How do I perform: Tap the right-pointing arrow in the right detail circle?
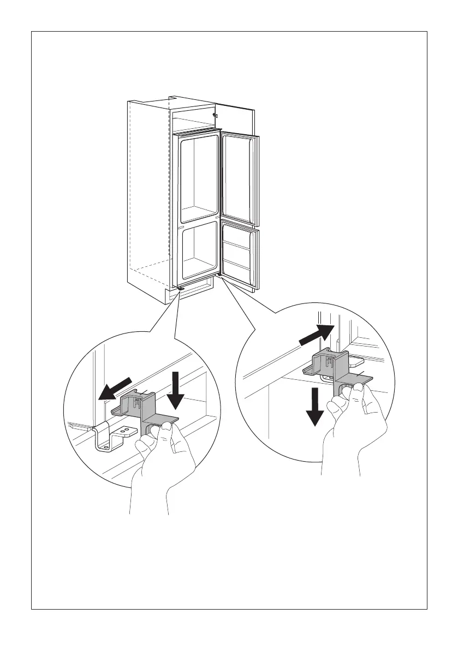[316, 335]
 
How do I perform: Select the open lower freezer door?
[240, 254]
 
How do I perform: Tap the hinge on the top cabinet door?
[215, 116]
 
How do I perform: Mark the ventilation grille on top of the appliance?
[197, 132]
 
